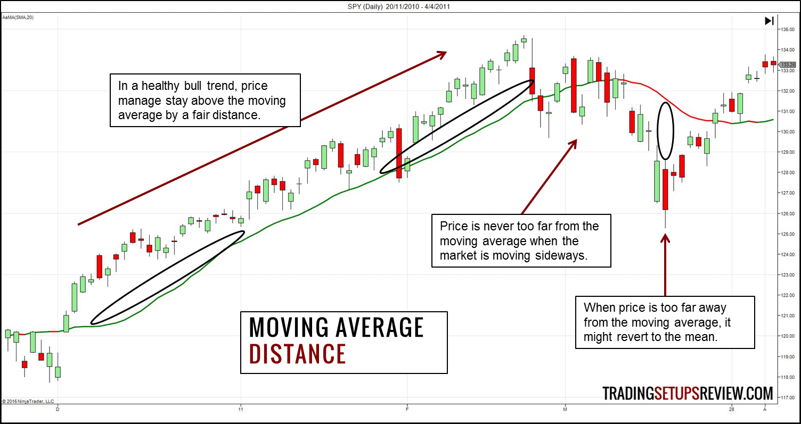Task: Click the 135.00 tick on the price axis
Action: tap(788, 29)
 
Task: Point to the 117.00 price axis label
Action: tap(788, 397)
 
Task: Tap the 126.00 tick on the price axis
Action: tap(788, 213)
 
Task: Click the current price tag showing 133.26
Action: tap(788, 64)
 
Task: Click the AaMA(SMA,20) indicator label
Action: tap(17, 18)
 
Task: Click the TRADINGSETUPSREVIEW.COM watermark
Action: tap(688, 393)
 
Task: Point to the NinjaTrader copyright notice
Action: tap(28, 401)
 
